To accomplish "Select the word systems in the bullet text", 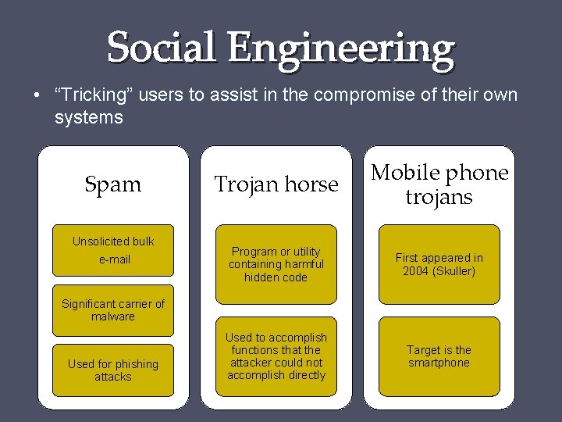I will click(88, 118).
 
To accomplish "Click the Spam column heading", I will click(112, 184).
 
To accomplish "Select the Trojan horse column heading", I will click(276, 184).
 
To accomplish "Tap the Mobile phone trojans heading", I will click(439, 184).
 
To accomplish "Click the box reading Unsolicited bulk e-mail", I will click(113, 250).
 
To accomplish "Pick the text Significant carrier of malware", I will click(113, 310).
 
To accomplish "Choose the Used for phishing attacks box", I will click(113, 370).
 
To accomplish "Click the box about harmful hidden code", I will click(276, 264).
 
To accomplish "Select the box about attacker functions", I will click(276, 356).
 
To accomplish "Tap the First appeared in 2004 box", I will click(439, 264).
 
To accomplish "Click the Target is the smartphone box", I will click(439, 356).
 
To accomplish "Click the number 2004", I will click(415, 271).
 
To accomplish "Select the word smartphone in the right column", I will click(439, 363).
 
